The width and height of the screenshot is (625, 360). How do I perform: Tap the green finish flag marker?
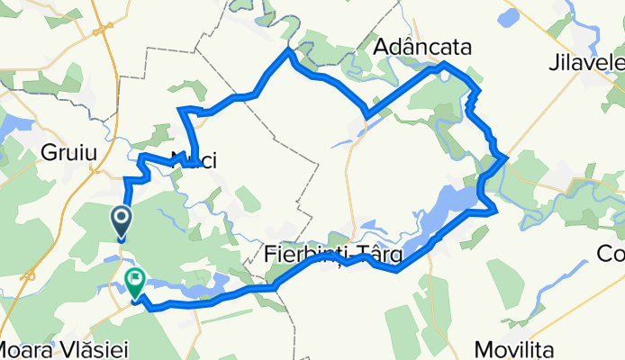coord(135,283)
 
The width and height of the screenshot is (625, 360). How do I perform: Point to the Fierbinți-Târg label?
coord(334,256)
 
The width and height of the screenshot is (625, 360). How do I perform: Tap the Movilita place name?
coord(517,348)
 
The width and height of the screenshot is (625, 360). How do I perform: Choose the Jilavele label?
coord(590,63)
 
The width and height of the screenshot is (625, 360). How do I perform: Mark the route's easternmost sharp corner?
coord(508,158)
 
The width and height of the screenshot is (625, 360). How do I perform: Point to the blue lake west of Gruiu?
coord(9,126)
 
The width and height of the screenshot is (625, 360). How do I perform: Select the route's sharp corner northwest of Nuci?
coord(183,110)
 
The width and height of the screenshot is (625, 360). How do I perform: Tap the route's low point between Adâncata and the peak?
coord(367,114)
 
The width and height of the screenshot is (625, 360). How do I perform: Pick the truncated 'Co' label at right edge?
coord(611,255)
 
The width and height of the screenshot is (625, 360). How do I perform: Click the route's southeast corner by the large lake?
coord(495,212)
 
